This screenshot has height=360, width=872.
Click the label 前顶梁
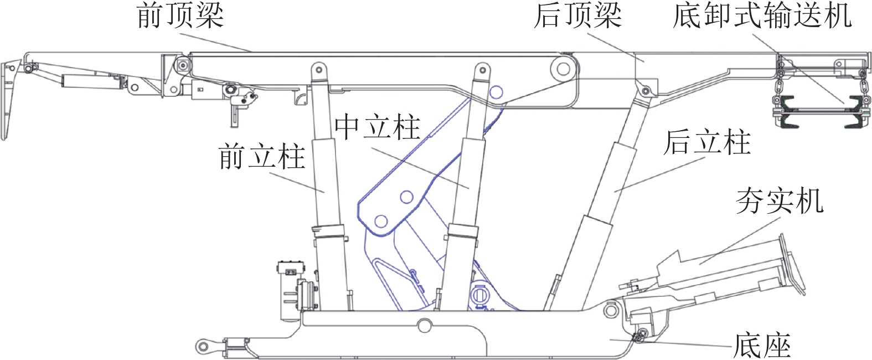[180, 16]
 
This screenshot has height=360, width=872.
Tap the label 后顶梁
[577, 16]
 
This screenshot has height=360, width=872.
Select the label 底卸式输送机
[762, 16]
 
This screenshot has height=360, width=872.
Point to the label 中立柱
[378, 127]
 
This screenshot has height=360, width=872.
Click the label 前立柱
[262, 157]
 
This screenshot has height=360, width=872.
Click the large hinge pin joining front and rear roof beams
[563, 70]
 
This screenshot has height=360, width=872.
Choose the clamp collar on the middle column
[462, 232]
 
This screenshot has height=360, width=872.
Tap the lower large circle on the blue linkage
[380, 222]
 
